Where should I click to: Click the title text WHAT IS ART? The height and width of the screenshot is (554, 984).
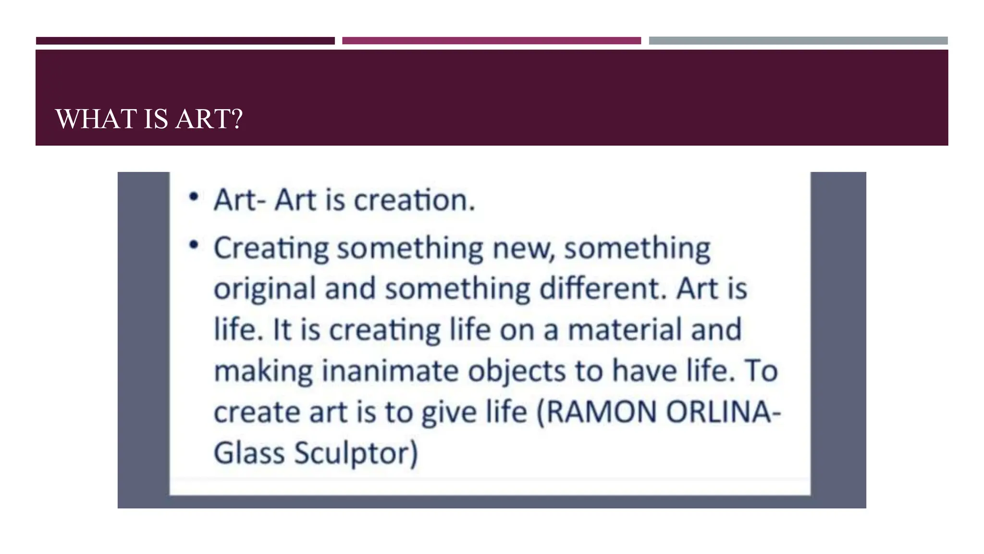[149, 119]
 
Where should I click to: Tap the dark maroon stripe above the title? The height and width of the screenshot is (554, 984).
[185, 41]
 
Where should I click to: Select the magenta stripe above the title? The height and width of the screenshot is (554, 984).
[491, 41]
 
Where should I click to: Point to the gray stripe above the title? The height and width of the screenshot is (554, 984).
[798, 41]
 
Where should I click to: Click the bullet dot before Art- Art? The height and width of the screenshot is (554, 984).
[194, 197]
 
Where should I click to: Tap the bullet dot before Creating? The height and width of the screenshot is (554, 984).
[194, 245]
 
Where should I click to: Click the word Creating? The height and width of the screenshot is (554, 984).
[271, 249]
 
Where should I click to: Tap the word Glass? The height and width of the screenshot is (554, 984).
[249, 453]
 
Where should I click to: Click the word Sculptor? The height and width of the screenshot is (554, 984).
[356, 453]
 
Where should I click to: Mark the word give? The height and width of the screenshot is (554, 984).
[449, 413]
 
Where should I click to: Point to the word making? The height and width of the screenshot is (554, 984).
[263, 372]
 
